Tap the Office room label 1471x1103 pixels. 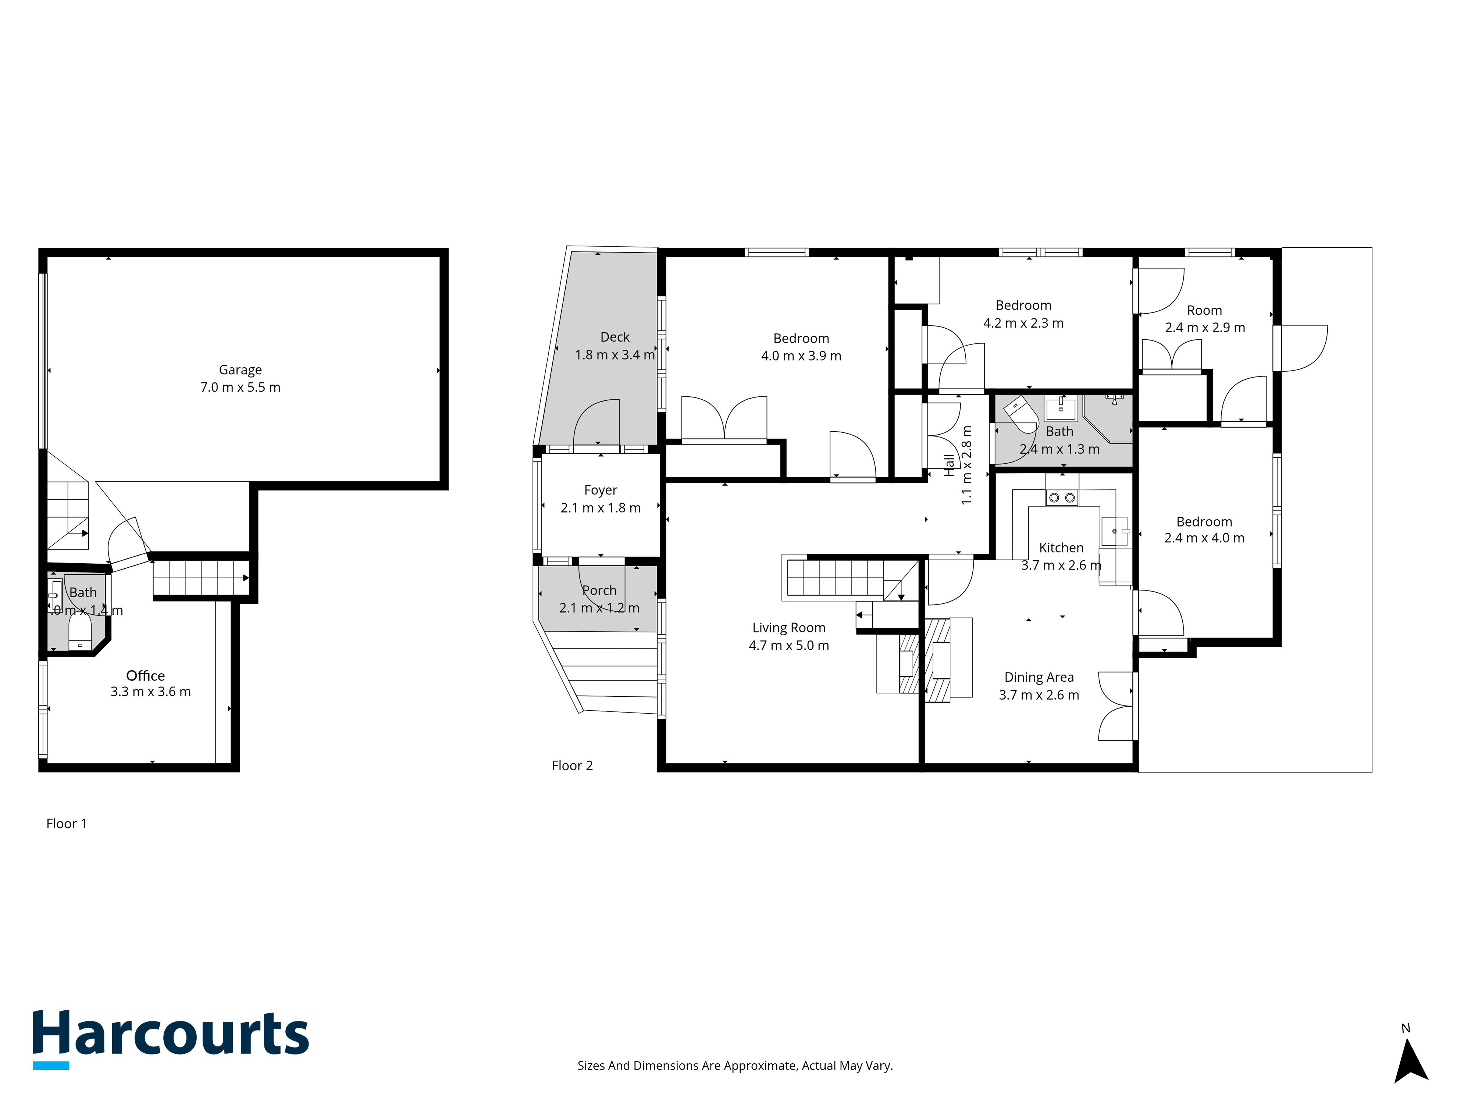(146, 675)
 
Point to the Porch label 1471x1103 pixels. (599, 590)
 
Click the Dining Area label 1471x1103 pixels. (1039, 678)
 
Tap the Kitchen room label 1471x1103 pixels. (1061, 548)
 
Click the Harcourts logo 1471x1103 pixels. (171, 1039)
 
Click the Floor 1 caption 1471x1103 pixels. (67, 824)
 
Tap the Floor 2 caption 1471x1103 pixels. (572, 766)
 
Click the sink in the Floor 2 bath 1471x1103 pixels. (1061, 407)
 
